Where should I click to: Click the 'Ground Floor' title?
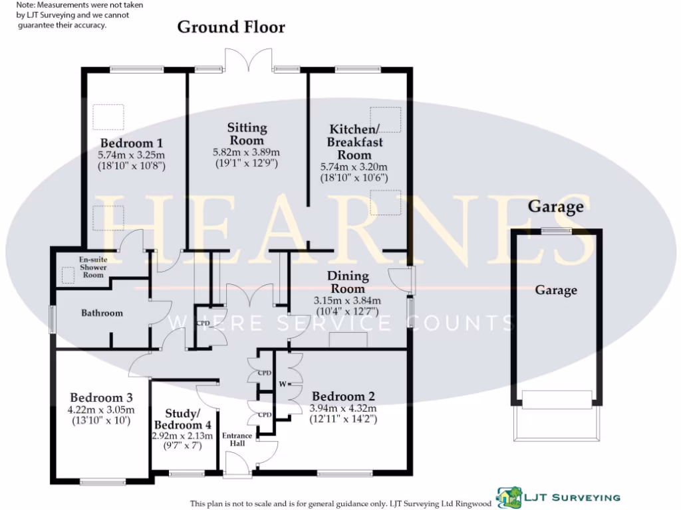pyautogui.click(x=231, y=27)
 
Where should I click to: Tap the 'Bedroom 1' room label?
pyautogui.click(x=131, y=143)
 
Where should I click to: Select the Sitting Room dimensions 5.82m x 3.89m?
pyautogui.click(x=246, y=152)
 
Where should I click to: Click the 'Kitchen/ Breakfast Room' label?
pyautogui.click(x=354, y=142)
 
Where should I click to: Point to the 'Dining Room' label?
pyautogui.click(x=348, y=282)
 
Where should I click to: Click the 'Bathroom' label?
pyautogui.click(x=102, y=313)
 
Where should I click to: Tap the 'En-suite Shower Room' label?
pyautogui.click(x=93, y=267)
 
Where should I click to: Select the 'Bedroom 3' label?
pyautogui.click(x=101, y=397)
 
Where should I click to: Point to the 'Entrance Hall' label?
pyautogui.click(x=237, y=439)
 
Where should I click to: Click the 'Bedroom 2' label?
pyautogui.click(x=343, y=396)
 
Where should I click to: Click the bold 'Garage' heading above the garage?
pyautogui.click(x=555, y=207)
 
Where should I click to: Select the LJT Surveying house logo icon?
pyautogui.click(x=509, y=497)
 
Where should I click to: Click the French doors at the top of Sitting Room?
pyautogui.click(x=249, y=59)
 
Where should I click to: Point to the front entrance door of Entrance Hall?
pyautogui.click(x=237, y=464)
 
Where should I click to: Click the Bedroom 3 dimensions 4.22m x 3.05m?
pyautogui.click(x=101, y=410)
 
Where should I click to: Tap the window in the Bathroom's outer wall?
pyautogui.click(x=52, y=319)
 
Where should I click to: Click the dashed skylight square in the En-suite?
pyautogui.click(x=68, y=276)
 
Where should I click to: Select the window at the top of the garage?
pyautogui.click(x=557, y=231)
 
